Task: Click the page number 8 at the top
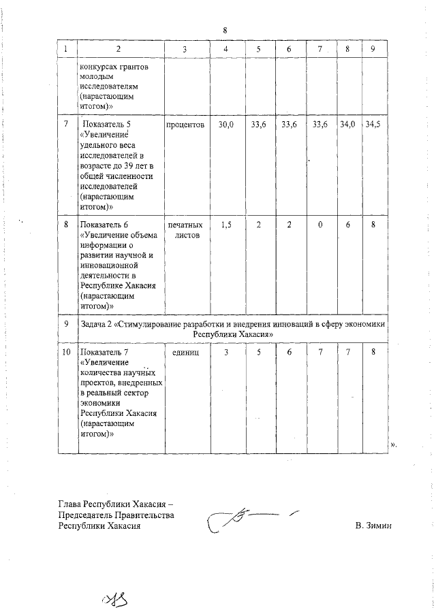coord(224,30)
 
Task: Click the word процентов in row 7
coord(185,125)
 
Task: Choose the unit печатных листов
coord(185,230)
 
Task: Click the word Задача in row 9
coord(95,325)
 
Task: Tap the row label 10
coord(66,352)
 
